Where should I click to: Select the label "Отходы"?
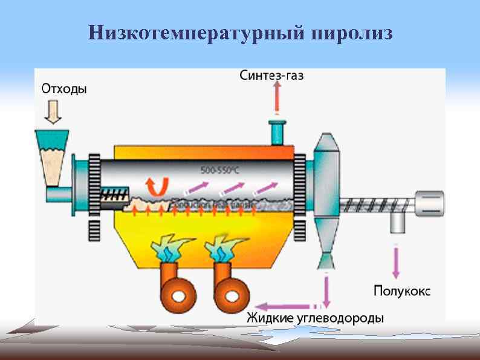click(x=64, y=89)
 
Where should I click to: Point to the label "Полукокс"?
click(x=402, y=291)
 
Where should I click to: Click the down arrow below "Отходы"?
click(x=54, y=112)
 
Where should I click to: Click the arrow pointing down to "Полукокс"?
click(x=397, y=261)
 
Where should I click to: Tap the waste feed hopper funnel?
click(x=53, y=158)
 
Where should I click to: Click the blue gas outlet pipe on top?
click(x=277, y=131)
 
